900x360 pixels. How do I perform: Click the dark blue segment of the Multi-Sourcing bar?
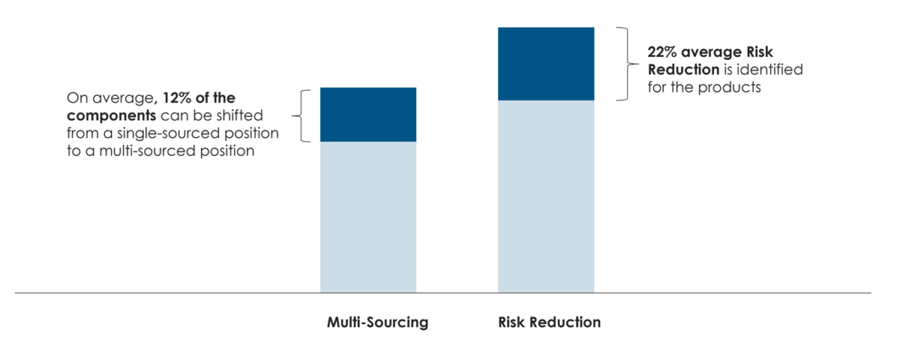pos(368,115)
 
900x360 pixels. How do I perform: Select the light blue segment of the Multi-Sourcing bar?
pos(368,217)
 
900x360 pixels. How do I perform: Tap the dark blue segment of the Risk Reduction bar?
pos(546,64)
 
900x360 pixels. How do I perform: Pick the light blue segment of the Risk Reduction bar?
pos(546,196)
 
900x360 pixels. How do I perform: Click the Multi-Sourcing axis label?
pos(377,323)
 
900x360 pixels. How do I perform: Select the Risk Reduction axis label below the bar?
pos(549,323)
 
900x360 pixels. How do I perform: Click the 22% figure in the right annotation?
pos(662,52)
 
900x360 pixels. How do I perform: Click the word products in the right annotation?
pos(736,86)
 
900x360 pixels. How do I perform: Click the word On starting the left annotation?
pos(76,98)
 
